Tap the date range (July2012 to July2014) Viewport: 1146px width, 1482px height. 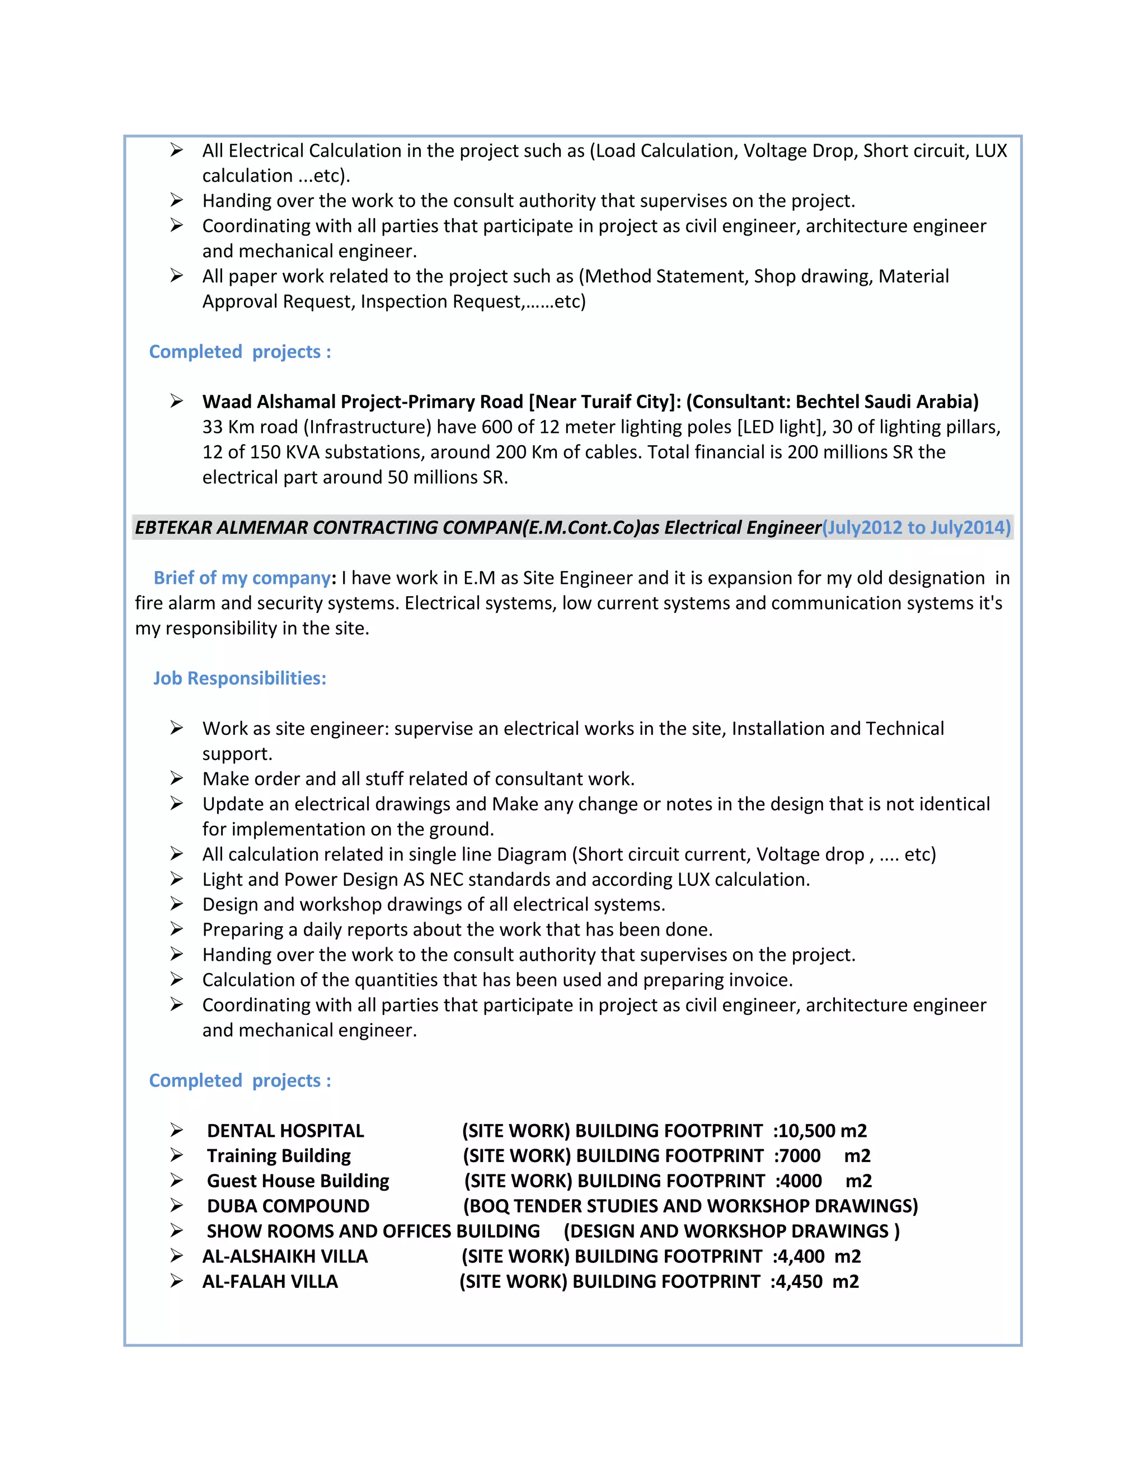pyautogui.click(x=917, y=527)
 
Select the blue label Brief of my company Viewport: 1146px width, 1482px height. pyautogui.click(x=242, y=578)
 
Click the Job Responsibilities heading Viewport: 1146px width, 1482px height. pyautogui.click(x=239, y=678)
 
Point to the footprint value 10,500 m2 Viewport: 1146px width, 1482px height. pyautogui.click(x=822, y=1130)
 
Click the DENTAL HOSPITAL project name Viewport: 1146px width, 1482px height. pyautogui.click(x=285, y=1130)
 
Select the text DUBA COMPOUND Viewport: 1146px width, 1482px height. pyautogui.click(x=288, y=1206)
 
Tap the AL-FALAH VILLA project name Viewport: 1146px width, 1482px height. pyautogui.click(x=270, y=1281)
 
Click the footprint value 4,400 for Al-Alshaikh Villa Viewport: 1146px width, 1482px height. pyautogui.click(x=801, y=1256)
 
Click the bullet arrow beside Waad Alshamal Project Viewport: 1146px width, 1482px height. pyautogui.click(x=176, y=401)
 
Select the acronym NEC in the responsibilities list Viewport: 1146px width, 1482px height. pyautogui.click(x=446, y=880)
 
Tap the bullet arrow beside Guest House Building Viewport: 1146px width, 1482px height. pyautogui.click(x=176, y=1180)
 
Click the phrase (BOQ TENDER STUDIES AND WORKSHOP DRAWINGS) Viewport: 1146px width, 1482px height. pyautogui.click(x=690, y=1206)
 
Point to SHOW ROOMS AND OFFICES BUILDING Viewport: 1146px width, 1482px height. pyautogui.click(x=373, y=1231)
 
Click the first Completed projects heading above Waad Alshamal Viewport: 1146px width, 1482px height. pyautogui.click(x=239, y=352)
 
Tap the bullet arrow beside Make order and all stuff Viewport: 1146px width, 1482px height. pyautogui.click(x=176, y=778)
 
